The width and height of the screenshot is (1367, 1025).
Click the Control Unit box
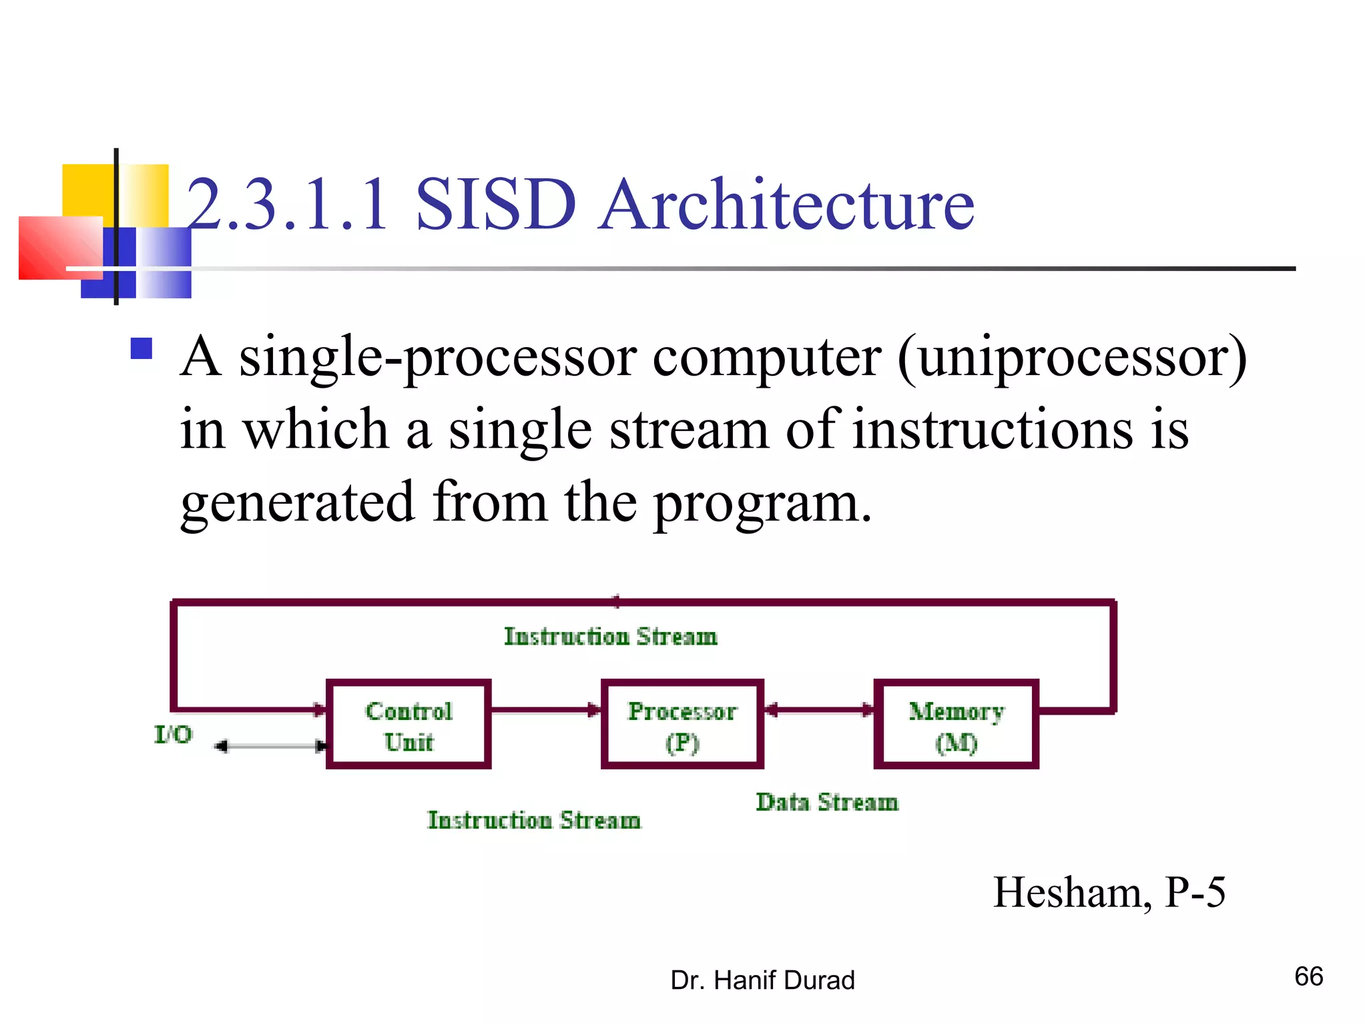pyautogui.click(x=408, y=725)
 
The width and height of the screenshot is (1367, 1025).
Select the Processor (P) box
pyautogui.click(x=682, y=725)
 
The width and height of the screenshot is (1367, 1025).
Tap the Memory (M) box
pyautogui.click(x=956, y=725)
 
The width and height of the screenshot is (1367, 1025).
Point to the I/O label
pyautogui.click(x=174, y=735)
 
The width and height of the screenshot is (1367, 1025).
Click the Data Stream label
pyautogui.click(x=827, y=802)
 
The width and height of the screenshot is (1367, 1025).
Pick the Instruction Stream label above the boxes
pyautogui.click(x=611, y=637)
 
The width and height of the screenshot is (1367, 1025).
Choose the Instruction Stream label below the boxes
pyautogui.click(x=534, y=820)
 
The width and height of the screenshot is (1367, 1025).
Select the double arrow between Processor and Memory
pyautogui.click(x=819, y=710)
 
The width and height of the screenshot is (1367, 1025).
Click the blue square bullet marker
pyautogui.click(x=142, y=348)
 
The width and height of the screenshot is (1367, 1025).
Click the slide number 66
pyautogui.click(x=1308, y=976)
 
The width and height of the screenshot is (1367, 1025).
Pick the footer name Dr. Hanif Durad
pyautogui.click(x=762, y=980)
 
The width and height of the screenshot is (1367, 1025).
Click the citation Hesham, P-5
pyautogui.click(x=1109, y=892)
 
